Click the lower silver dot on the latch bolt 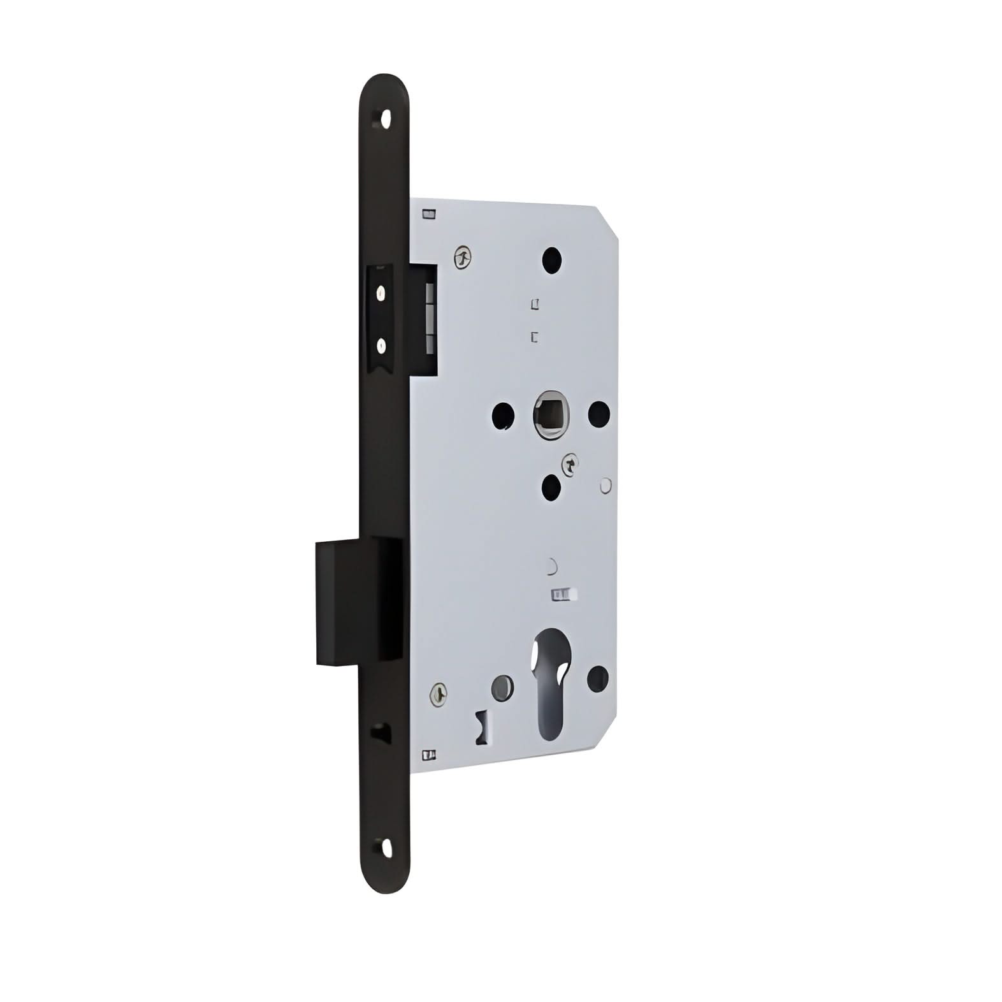[x=381, y=346]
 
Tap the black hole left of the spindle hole [x=503, y=415]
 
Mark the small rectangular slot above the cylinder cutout [x=562, y=595]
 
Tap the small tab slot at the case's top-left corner [x=429, y=214]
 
